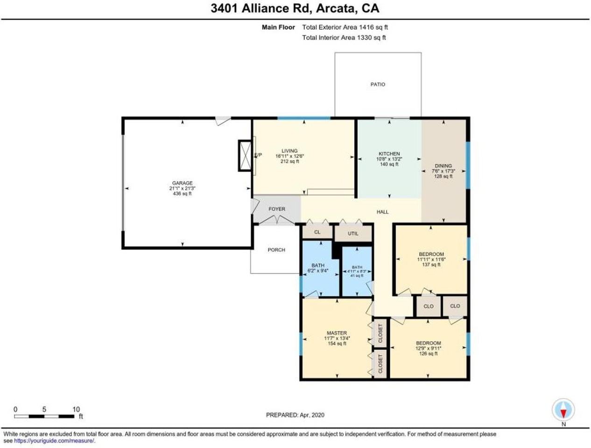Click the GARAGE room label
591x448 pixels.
(182, 183)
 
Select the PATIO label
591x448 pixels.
(378, 84)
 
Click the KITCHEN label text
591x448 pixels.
(389, 154)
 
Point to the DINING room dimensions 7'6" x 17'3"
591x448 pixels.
(443, 171)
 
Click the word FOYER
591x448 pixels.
(277, 209)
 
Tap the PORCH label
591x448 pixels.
(276, 250)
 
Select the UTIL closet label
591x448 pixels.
(353, 233)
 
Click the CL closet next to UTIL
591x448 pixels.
(317, 232)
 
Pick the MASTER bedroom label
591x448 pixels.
(337, 333)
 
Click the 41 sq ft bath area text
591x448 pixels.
(357, 276)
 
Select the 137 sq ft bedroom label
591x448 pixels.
(431, 265)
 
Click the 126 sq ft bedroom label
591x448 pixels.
(428, 354)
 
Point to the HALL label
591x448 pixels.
(383, 212)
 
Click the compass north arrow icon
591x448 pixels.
(563, 411)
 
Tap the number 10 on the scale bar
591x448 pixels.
(76, 409)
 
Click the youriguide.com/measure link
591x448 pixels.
(54, 441)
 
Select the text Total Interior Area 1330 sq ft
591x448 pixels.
(344, 38)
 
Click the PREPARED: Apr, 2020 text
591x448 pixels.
(295, 415)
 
